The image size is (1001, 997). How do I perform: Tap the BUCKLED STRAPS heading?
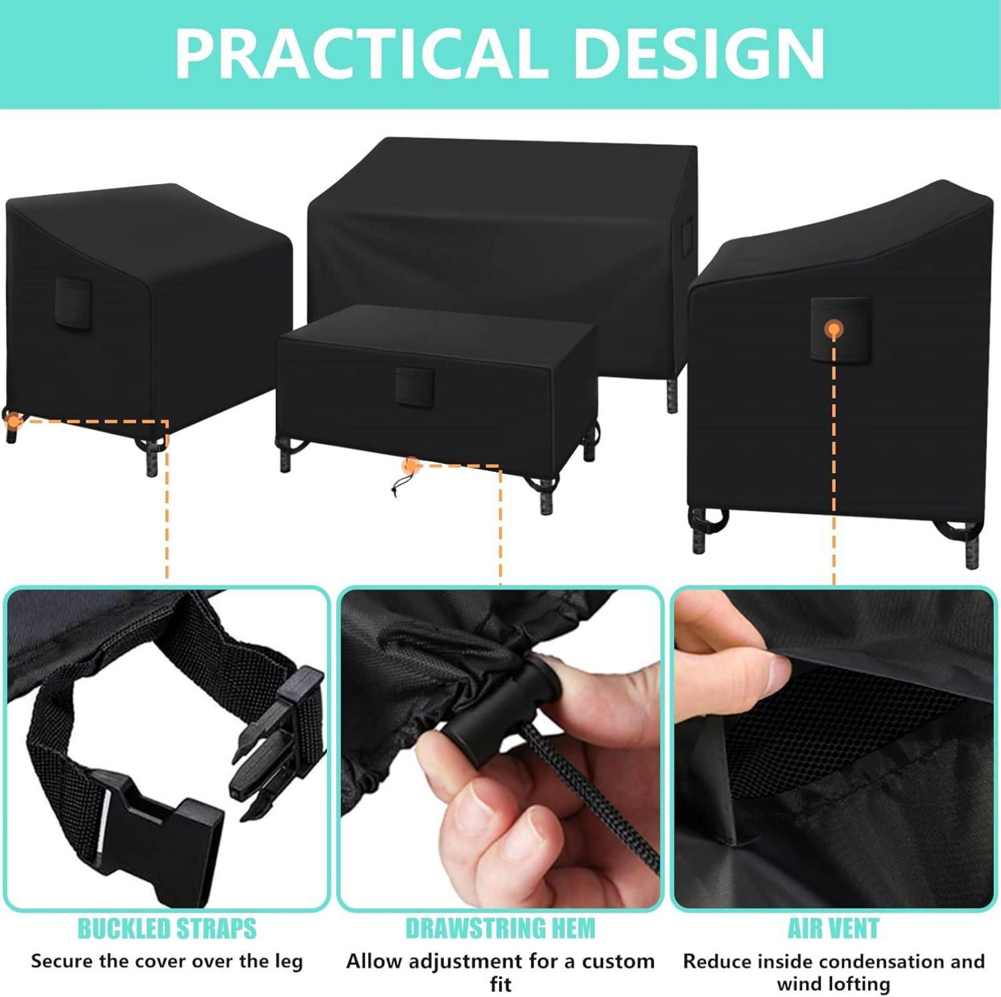point(167,929)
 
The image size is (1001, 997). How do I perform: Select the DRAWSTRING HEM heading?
point(500,929)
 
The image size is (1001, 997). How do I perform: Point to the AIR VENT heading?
point(834,929)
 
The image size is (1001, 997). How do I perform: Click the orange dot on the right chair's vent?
point(834,328)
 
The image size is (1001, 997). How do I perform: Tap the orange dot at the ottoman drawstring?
point(412,464)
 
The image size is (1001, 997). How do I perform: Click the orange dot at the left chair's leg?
point(11,419)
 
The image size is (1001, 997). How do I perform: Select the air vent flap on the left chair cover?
point(73,303)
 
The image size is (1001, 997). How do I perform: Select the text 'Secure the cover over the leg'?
point(167,961)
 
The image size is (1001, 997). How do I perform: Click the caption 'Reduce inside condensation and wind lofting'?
point(834,972)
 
